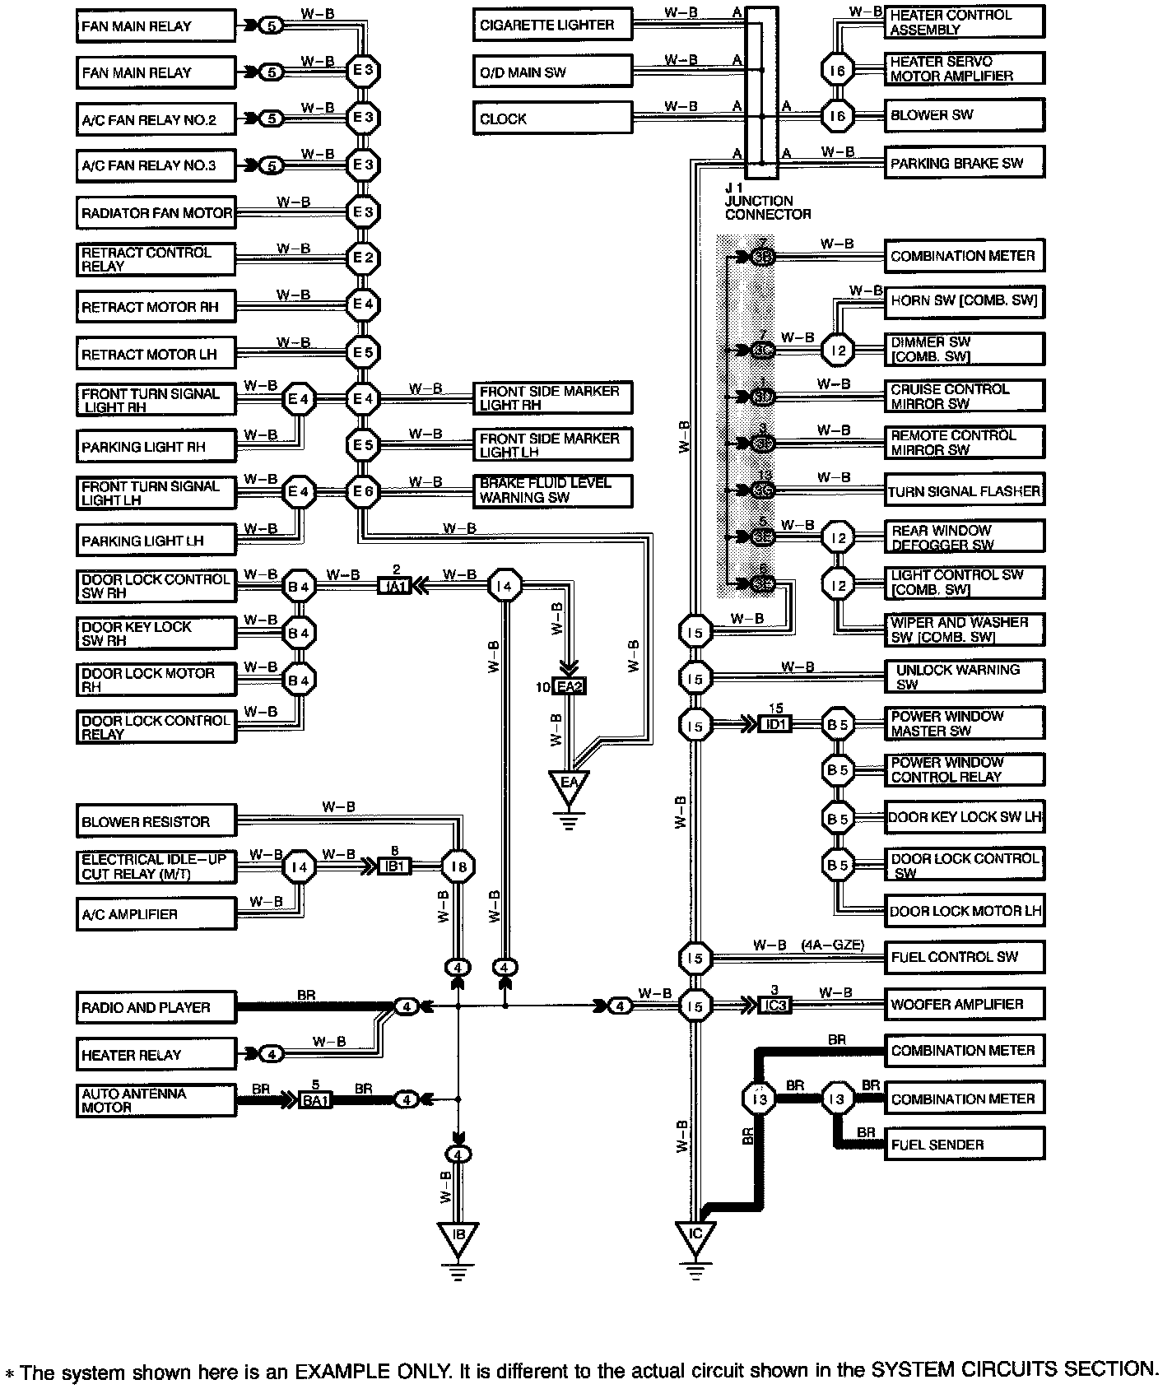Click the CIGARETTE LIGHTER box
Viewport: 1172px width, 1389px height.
coord(552,25)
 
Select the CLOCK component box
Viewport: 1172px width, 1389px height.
coord(552,118)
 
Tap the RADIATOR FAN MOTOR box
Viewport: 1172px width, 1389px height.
coord(156,213)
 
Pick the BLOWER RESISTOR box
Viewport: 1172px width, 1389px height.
coord(156,822)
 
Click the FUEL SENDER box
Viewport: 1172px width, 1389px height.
coord(964,1145)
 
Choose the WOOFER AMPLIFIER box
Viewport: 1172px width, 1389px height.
coord(964,1004)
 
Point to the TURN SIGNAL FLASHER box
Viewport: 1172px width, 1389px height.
coord(964,491)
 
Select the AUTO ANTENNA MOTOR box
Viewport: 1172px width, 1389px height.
coord(156,1100)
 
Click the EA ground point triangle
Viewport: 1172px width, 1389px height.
coord(569,783)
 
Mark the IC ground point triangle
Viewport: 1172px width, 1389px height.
coord(695,1236)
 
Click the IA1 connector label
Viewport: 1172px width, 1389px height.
coord(394,587)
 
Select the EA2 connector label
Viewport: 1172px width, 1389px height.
coord(569,686)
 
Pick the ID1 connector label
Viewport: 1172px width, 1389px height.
coord(775,724)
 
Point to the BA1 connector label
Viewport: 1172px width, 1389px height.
coord(314,1100)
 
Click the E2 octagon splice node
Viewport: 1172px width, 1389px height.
coord(363,258)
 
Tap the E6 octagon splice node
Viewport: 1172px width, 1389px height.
coord(363,492)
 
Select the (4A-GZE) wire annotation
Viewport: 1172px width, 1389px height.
coord(832,945)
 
